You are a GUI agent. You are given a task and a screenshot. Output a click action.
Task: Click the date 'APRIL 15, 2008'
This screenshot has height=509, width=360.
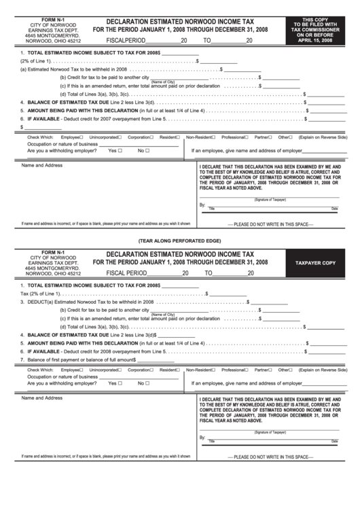pyautogui.click(x=314, y=41)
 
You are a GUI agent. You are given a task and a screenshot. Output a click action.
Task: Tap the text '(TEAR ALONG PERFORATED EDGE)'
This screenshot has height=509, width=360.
pyautogui.click(x=179, y=241)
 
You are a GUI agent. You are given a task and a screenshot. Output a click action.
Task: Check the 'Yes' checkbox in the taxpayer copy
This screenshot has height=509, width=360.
pyautogui.click(x=120, y=383)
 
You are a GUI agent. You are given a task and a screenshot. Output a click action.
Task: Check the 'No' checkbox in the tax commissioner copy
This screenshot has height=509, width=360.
pyautogui.click(x=147, y=151)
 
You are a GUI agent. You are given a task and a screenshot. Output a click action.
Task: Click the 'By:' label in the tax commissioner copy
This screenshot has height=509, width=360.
pyautogui.click(x=202, y=205)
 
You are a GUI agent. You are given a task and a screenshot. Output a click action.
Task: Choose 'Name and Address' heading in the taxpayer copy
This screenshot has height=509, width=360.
pyautogui.click(x=42, y=398)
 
